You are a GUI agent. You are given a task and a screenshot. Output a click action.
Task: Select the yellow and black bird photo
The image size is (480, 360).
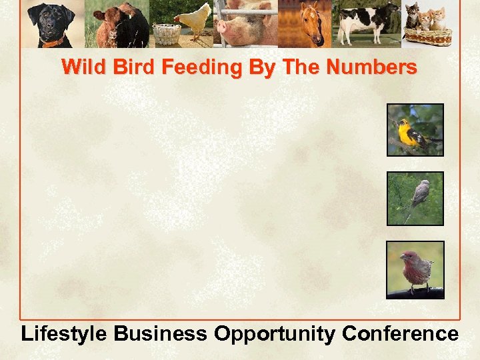(x=415, y=130)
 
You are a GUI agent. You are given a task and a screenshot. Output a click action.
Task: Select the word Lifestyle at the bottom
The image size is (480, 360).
(x=64, y=333)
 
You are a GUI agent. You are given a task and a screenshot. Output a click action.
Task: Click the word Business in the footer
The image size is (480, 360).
(x=161, y=333)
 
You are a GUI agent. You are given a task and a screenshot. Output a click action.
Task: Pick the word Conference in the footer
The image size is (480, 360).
(x=400, y=333)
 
